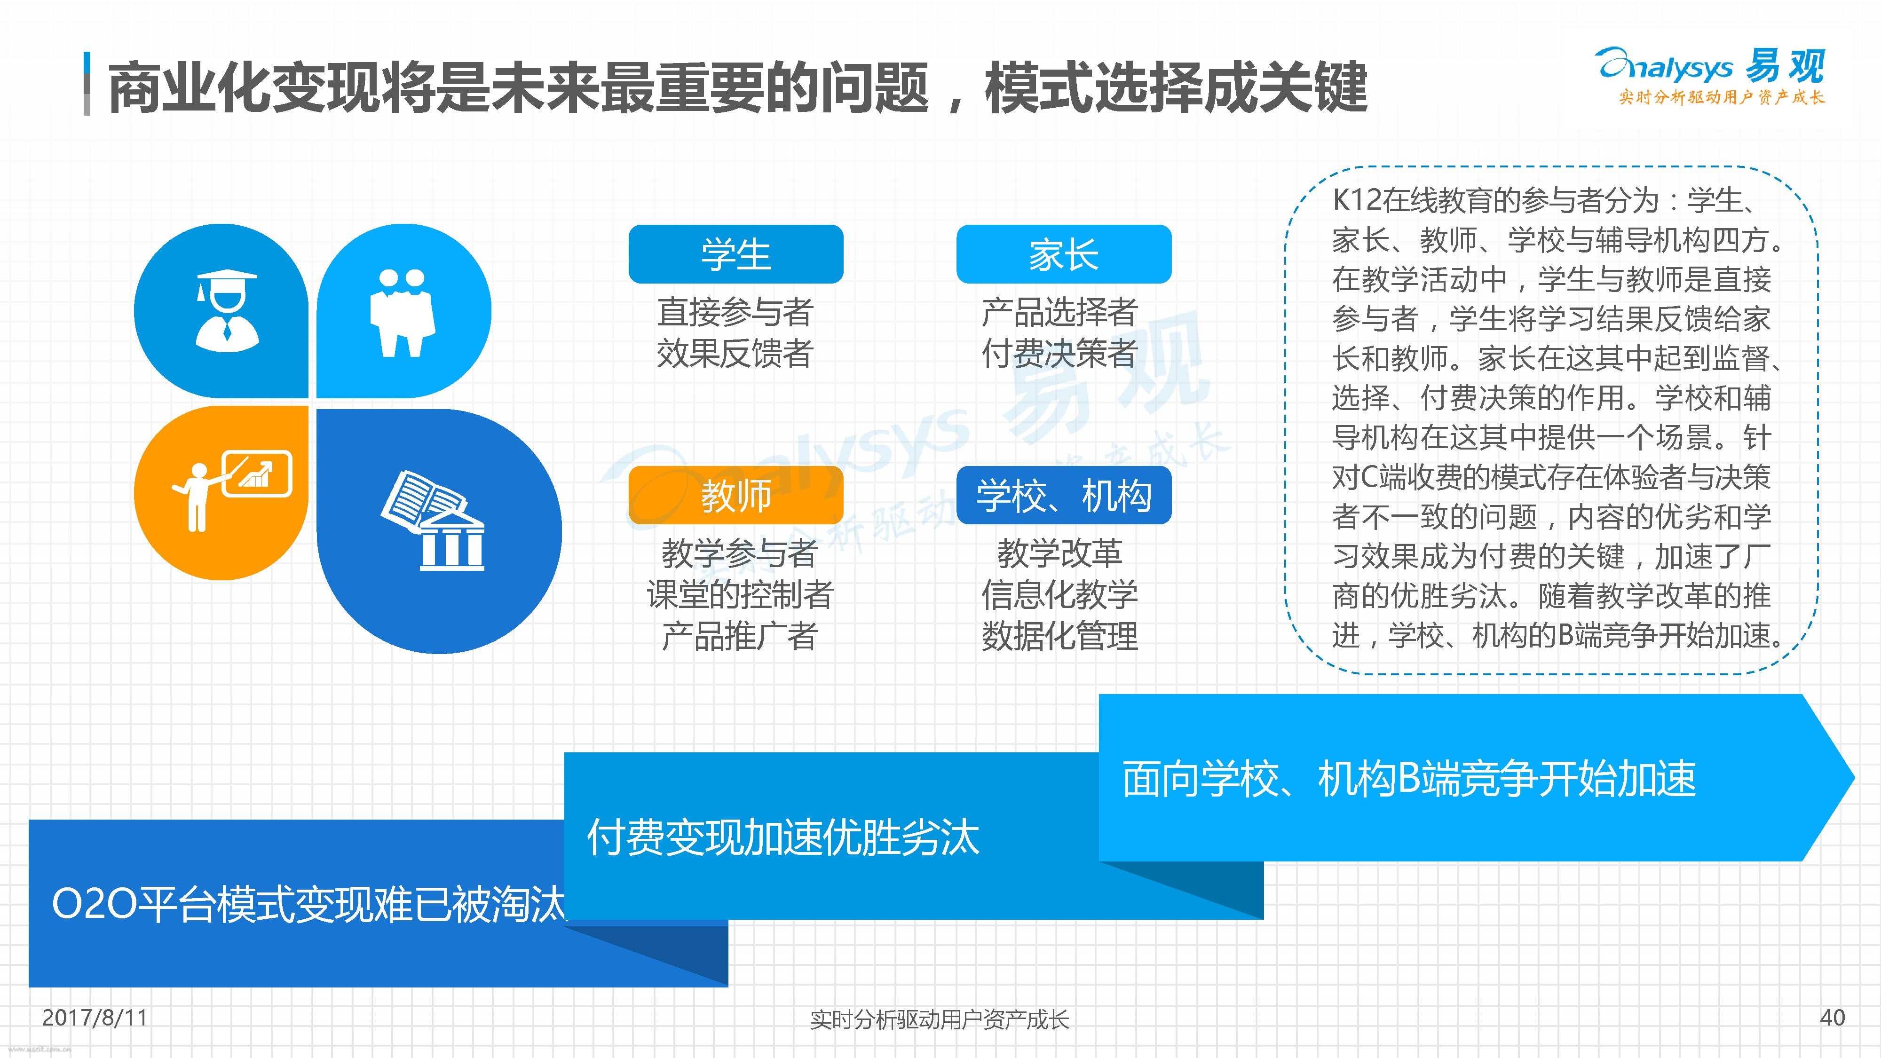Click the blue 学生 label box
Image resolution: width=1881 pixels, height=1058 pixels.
[x=736, y=254]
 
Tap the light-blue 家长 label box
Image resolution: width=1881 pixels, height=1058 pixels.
[x=1064, y=254]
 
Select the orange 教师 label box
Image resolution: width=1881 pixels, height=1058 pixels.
[x=736, y=495]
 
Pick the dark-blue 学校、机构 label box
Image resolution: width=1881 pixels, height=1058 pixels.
[x=1064, y=495]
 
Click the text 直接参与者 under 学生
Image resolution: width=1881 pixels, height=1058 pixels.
[x=735, y=313]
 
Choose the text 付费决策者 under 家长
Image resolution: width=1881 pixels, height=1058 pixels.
[x=1059, y=354]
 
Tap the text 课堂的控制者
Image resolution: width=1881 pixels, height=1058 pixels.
[x=740, y=594]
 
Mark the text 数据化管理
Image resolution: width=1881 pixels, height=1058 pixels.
[x=1059, y=636]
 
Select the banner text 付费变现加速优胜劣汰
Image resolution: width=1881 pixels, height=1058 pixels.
[x=783, y=837]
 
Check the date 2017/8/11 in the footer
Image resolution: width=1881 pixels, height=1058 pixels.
[x=95, y=1017]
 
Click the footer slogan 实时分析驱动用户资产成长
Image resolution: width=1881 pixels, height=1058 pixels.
[x=940, y=1019]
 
